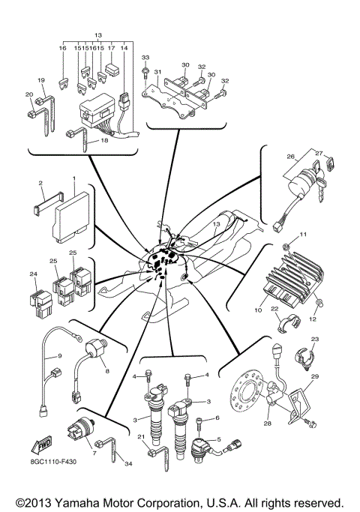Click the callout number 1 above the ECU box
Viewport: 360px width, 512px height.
(74, 180)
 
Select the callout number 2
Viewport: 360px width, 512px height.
(40, 183)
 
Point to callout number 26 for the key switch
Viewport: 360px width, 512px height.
(289, 157)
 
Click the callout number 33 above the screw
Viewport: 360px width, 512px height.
(145, 58)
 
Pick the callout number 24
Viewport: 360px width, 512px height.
(33, 274)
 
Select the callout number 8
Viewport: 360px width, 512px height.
(107, 370)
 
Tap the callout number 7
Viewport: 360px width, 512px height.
(93, 454)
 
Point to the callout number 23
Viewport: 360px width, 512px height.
(314, 339)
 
